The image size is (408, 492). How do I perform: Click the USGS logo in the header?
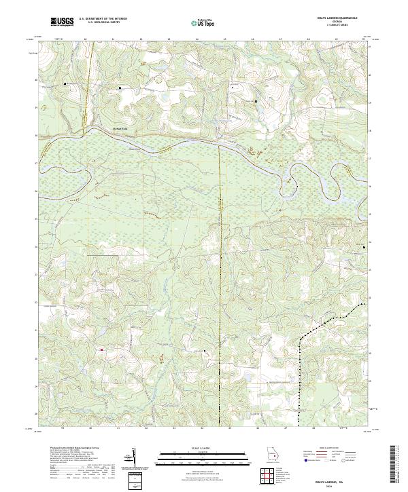[x=62, y=22]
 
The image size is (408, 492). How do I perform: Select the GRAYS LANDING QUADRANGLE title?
[x=348, y=18]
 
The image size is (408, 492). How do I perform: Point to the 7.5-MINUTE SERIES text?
[x=348, y=25]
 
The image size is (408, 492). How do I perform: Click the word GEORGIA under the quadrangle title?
[x=348, y=22]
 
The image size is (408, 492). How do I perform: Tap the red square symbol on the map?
[x=102, y=349]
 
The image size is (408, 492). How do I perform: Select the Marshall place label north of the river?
[x=102, y=128]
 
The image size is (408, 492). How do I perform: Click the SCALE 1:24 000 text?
[x=197, y=447]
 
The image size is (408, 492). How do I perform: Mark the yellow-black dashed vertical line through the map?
[x=221, y=271]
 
